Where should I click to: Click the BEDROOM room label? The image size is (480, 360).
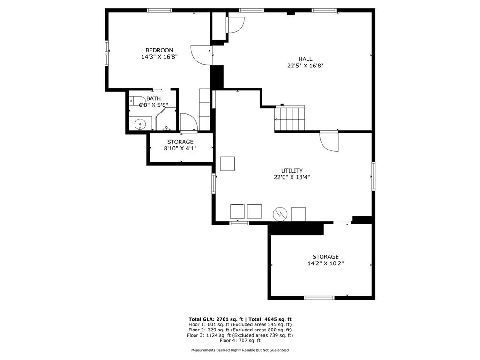pyautogui.click(x=159, y=50)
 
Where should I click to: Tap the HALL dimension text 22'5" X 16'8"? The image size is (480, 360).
pyautogui.click(x=306, y=66)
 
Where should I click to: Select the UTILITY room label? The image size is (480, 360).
pyautogui.click(x=292, y=171)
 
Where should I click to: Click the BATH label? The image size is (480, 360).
pyautogui.click(x=153, y=98)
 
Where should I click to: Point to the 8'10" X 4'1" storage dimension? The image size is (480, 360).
pyautogui.click(x=180, y=148)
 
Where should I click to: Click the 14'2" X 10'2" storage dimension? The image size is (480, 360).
pyautogui.click(x=326, y=263)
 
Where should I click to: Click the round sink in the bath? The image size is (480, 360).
pyautogui.click(x=140, y=124)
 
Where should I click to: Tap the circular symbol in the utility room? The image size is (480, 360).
pyautogui.click(x=280, y=214)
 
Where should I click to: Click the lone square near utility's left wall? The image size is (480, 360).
pyautogui.click(x=228, y=164)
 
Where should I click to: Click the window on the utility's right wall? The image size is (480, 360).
pyautogui.click(x=374, y=176)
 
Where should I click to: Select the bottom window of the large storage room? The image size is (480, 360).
pyautogui.click(x=319, y=297)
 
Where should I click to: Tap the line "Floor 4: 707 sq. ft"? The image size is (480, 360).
pyautogui.click(x=240, y=341)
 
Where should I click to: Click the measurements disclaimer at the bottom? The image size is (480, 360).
pyautogui.click(x=240, y=350)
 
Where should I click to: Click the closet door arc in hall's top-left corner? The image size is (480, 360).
pyautogui.click(x=236, y=24)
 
